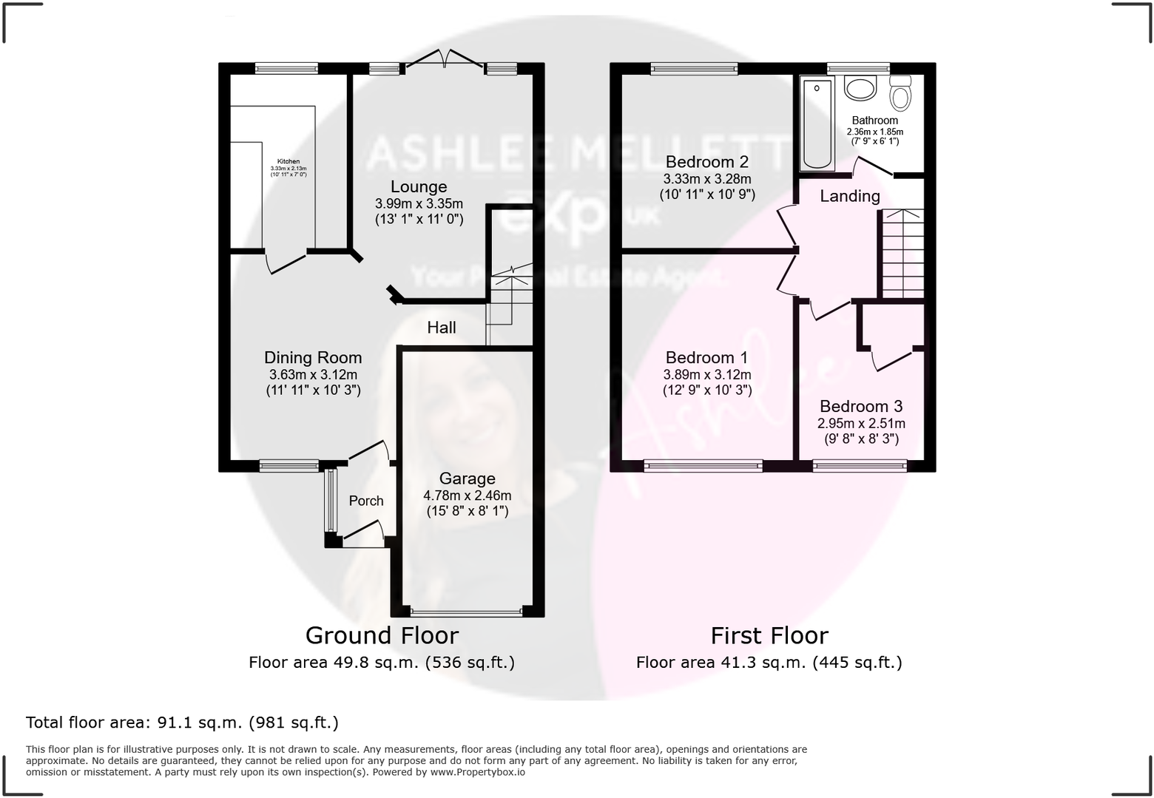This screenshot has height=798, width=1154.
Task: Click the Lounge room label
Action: pyautogui.click(x=419, y=186)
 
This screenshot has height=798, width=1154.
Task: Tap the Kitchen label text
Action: pyautogui.click(x=288, y=161)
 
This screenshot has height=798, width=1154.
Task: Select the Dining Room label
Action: pyautogui.click(x=313, y=358)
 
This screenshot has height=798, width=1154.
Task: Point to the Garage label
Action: pyautogui.click(x=467, y=479)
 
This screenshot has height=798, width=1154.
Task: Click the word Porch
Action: pyautogui.click(x=366, y=501)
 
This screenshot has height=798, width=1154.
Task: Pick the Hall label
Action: pyautogui.click(x=442, y=328)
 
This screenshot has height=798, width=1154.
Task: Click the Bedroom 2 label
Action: pyautogui.click(x=706, y=162)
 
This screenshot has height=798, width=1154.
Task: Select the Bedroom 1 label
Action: pyautogui.click(x=706, y=358)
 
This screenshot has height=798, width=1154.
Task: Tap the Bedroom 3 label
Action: pyautogui.click(x=860, y=406)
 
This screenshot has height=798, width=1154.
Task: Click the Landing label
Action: pyautogui.click(x=850, y=196)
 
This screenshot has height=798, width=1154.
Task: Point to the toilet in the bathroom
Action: pyautogui.click(x=900, y=94)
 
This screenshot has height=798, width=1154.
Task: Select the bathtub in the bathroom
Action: pyautogui.click(x=817, y=124)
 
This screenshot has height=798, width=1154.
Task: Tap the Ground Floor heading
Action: pyautogui.click(x=382, y=635)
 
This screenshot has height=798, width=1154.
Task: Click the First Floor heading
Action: pyautogui.click(x=769, y=635)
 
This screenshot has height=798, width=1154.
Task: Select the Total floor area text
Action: pyautogui.click(x=182, y=723)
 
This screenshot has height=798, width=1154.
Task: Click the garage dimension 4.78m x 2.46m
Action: pyautogui.click(x=467, y=496)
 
